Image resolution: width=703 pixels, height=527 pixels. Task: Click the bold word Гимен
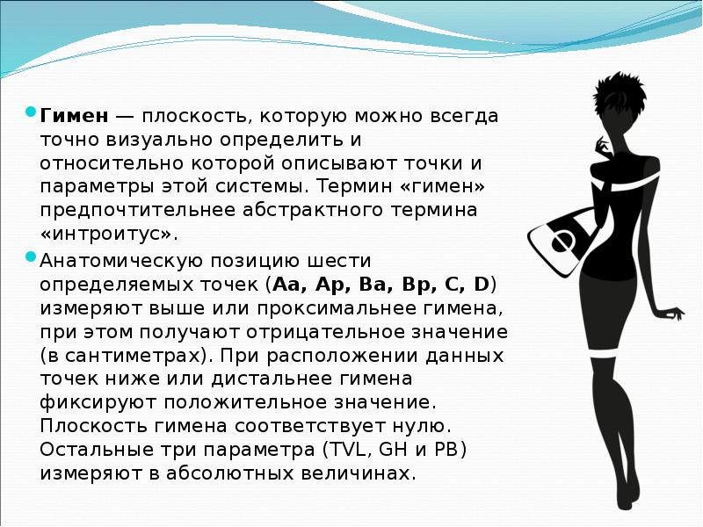(74, 116)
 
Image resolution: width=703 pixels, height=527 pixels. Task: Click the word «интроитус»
(109, 235)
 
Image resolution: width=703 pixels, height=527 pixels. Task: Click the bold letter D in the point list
(481, 285)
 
